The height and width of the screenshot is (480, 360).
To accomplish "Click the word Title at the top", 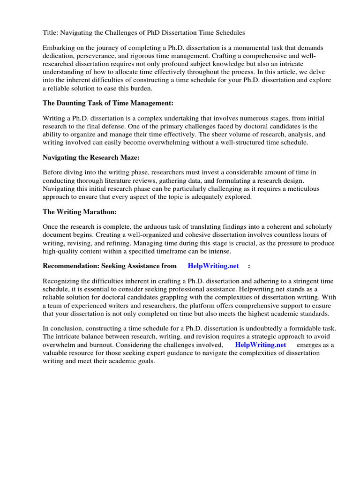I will point(50,32).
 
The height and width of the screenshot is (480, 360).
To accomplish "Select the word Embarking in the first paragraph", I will point(59,48).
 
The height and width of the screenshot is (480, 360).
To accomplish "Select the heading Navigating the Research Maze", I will point(91,157).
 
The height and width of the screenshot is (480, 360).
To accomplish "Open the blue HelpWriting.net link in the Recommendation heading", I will point(213,266).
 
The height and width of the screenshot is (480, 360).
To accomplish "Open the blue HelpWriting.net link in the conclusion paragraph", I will point(261,345).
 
